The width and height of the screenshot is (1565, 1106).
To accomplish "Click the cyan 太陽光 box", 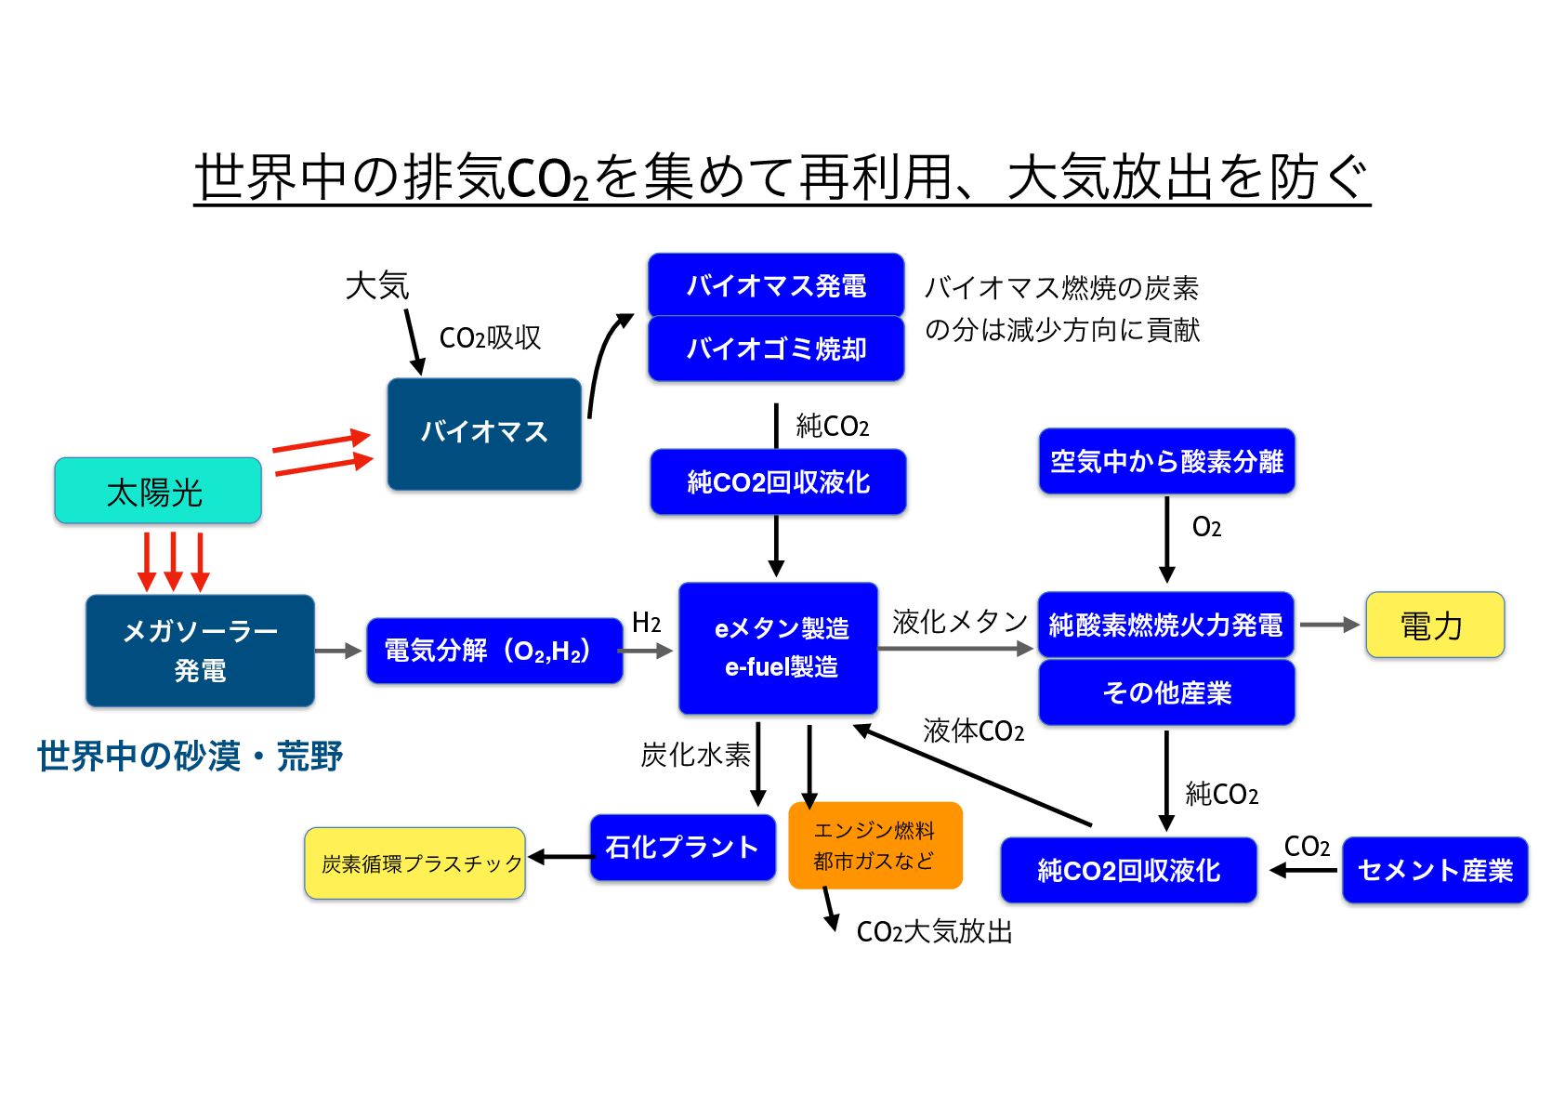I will (x=157, y=491).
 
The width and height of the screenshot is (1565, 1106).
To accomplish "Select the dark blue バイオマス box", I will (x=483, y=433).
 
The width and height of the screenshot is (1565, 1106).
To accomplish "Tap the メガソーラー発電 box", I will (x=200, y=651).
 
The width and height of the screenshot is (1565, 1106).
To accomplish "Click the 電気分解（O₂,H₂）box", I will (x=493, y=651).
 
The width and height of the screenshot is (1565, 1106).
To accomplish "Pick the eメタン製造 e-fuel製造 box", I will (x=778, y=648).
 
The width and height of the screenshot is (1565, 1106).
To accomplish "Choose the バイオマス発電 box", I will (x=775, y=284).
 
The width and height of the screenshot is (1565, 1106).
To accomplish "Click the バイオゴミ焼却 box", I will (x=775, y=349).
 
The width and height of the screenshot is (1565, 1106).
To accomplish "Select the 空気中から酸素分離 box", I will (x=1166, y=461).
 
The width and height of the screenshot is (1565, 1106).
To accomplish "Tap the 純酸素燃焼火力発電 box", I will (x=1165, y=625).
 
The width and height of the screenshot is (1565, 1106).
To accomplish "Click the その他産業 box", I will (x=1166, y=692).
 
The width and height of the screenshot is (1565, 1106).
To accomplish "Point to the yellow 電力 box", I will (x=1434, y=625).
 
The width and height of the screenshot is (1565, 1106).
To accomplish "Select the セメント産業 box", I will (x=1434, y=870).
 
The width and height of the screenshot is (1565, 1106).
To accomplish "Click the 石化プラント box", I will (x=682, y=847).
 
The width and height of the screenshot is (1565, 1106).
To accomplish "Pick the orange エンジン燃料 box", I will (x=875, y=845).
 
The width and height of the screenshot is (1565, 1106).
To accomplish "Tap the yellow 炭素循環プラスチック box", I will (x=414, y=863).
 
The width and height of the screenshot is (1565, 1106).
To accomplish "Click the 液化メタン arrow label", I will (x=959, y=622).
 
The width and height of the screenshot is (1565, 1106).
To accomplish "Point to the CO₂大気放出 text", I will (x=933, y=931).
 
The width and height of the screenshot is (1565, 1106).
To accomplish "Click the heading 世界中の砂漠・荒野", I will (x=191, y=756).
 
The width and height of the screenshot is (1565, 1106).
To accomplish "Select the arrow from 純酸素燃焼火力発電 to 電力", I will (x=1329, y=625).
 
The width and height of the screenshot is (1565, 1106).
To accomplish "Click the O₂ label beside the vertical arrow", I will (x=1206, y=528).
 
